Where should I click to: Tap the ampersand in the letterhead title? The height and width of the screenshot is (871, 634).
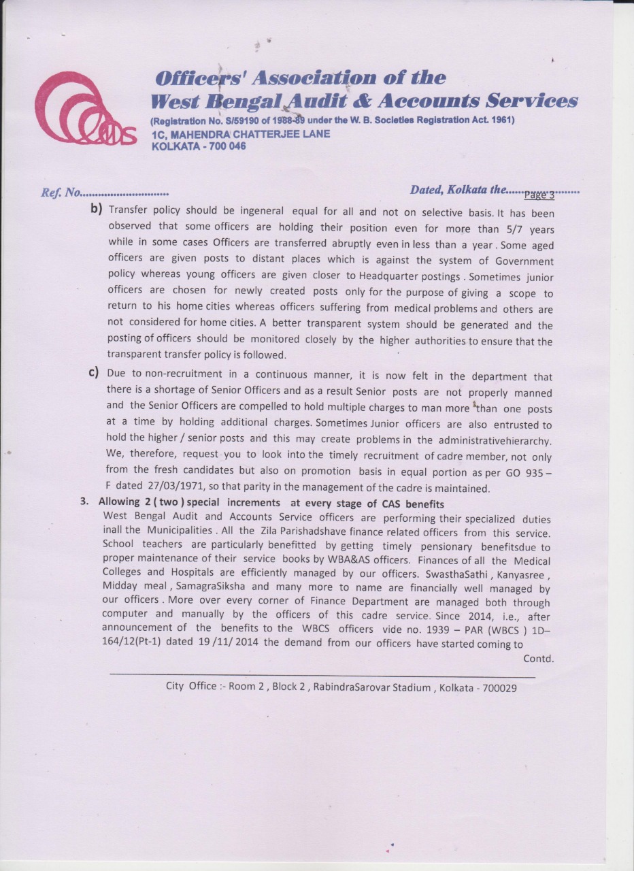pyautogui.click(x=352, y=101)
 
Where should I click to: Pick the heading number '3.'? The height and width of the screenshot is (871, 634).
pyautogui.click(x=85, y=503)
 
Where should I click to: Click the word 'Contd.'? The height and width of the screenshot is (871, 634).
pyautogui.click(x=539, y=659)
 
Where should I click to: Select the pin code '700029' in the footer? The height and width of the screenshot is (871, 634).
pyautogui.click(x=499, y=688)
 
